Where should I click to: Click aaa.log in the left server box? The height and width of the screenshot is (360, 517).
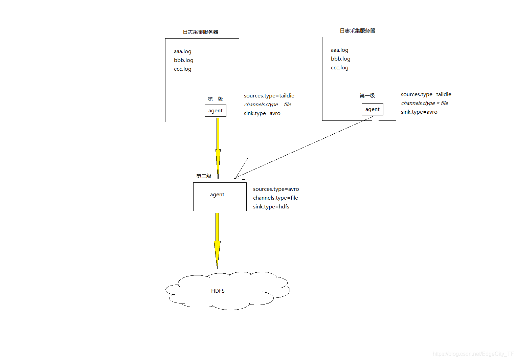tap(183, 51)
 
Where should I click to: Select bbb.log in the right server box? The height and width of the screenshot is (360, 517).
tap(340, 59)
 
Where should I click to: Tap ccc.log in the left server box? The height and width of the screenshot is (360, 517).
tap(183, 69)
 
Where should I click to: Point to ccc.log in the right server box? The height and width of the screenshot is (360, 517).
tap(339, 68)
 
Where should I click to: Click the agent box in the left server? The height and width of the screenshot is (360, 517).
tap(216, 111)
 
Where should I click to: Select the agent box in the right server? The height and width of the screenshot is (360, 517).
tap(373, 109)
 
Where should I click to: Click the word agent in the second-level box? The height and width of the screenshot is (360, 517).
tap(217, 195)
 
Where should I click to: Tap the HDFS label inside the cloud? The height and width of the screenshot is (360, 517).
tap(218, 291)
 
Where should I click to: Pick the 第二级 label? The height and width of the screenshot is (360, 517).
tap(204, 176)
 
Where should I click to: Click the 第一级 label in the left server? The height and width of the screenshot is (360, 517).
tap(215, 99)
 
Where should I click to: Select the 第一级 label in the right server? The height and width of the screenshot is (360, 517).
tap(367, 95)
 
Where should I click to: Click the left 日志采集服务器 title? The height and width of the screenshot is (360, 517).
tap(201, 32)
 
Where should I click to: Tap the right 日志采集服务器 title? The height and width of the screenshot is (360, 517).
tap(358, 30)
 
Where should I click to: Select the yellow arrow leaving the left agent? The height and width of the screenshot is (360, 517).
tap(218, 149)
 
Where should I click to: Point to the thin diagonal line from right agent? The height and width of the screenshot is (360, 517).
tap(305, 147)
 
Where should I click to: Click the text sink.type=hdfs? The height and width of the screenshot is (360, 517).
tap(271, 207)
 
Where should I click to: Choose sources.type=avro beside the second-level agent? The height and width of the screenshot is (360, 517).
tap(276, 189)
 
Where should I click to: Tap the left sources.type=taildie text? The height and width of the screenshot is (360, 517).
tap(269, 96)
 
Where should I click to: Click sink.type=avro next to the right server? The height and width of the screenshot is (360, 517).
tap(419, 112)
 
